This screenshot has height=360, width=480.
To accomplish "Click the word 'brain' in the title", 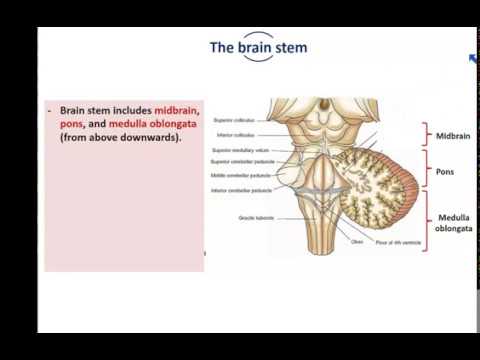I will point(258,47).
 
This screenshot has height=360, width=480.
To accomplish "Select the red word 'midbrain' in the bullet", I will point(177,108).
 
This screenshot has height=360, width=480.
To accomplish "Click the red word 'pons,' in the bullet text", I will point(72,122).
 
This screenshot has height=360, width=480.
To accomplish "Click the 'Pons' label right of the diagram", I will point(443,171).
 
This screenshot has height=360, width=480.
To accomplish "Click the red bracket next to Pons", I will point(425,170).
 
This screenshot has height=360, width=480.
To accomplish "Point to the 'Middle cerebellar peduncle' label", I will point(239,174).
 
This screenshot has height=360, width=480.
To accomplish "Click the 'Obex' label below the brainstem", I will point(329,240).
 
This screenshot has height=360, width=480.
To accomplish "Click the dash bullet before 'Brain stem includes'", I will point(49,108).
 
